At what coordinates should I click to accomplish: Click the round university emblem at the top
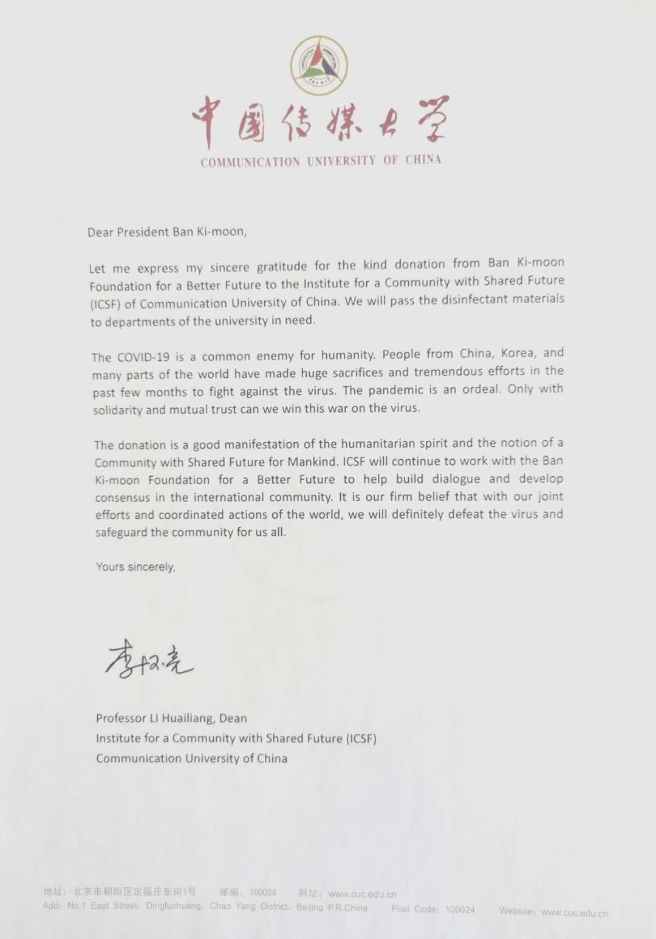[x=319, y=65]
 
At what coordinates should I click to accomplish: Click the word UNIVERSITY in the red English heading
[x=341, y=161]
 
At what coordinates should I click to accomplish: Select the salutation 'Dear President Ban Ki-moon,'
[x=167, y=232]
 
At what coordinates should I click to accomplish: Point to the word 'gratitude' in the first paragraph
[x=282, y=267]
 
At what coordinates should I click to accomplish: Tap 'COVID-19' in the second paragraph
[x=145, y=357]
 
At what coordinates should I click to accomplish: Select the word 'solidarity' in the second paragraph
[x=118, y=410]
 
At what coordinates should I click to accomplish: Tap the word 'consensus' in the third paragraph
[x=122, y=497]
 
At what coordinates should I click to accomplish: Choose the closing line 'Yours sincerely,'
[x=135, y=567]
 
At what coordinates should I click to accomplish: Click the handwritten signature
[x=149, y=658]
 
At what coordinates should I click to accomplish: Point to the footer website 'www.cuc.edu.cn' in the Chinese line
[x=362, y=894]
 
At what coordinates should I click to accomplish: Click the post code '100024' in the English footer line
[x=460, y=909]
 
